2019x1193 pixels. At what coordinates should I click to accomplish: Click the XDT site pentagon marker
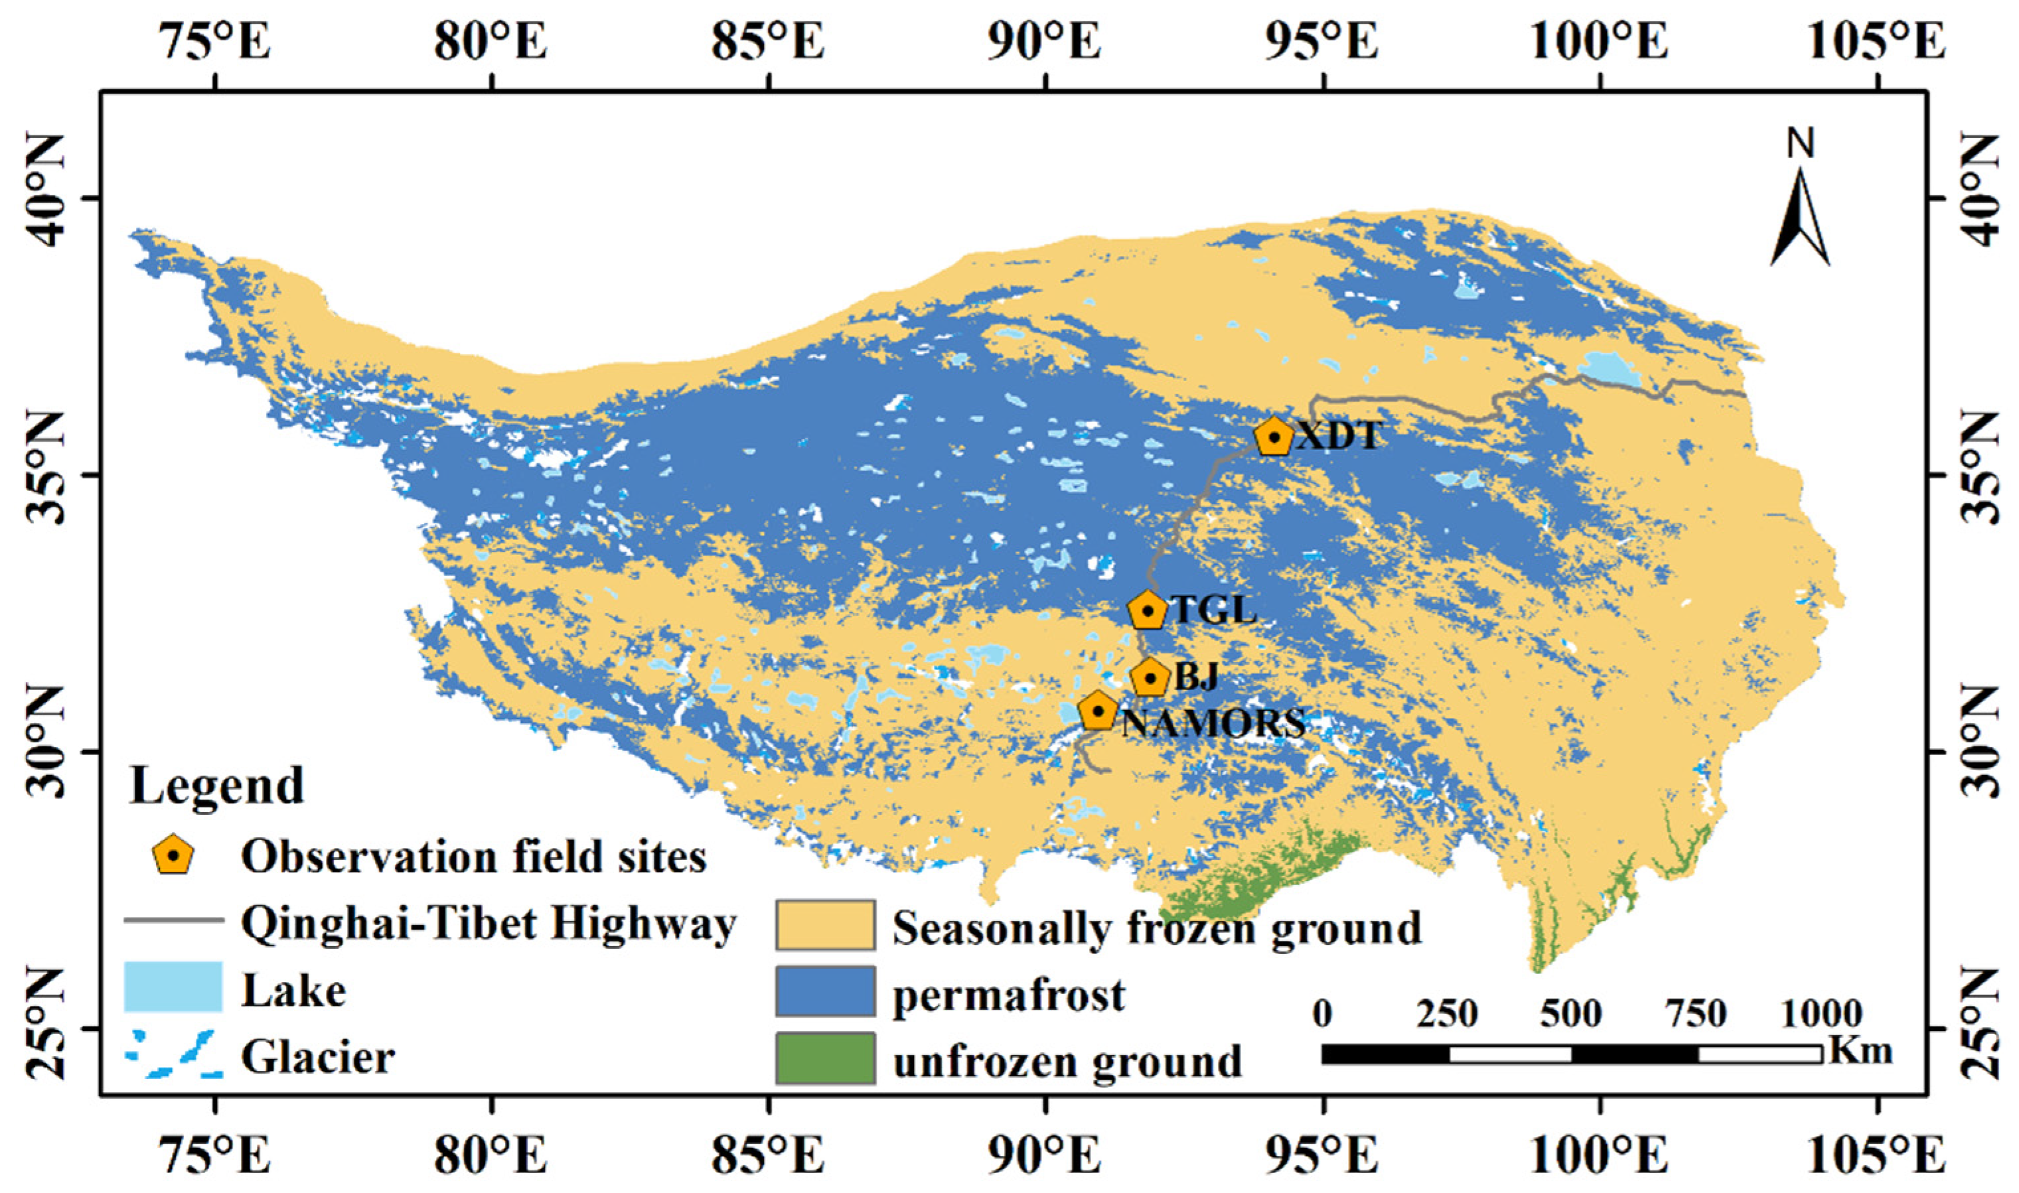tap(1274, 437)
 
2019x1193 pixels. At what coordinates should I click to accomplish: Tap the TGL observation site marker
tap(1148, 610)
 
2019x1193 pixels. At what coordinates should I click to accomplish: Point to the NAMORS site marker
tap(1098, 711)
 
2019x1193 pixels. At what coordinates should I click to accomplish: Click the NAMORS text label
tap(1213, 723)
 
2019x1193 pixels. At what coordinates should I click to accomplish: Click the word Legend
tap(217, 786)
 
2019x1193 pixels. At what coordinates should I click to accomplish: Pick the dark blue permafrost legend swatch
tap(825, 991)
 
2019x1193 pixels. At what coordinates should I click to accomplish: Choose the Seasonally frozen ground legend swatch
tap(825, 924)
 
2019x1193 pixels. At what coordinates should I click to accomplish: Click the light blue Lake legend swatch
tap(173, 987)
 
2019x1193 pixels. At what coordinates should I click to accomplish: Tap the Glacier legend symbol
tap(173, 1053)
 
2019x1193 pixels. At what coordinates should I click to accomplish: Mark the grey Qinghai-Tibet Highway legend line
tap(173, 920)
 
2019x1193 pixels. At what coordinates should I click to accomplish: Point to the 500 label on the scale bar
tap(1570, 1015)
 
